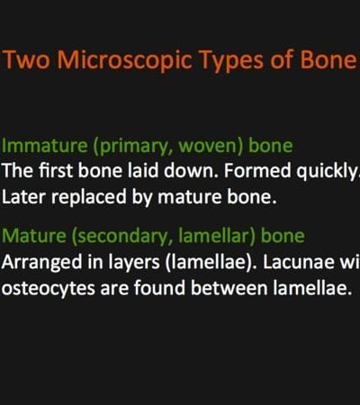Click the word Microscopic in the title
pos(124,60)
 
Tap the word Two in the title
pos(26,59)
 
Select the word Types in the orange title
pos(231,61)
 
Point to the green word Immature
pos(45,146)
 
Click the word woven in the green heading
pos(210,146)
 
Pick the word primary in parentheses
pos(132,147)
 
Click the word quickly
pos(328,171)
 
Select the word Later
pos(23,197)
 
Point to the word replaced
pos(89,197)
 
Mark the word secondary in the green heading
pos(122,237)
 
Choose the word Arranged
pos(41,263)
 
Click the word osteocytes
pos(48,289)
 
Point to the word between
pos(229,288)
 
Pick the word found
pos(159,288)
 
